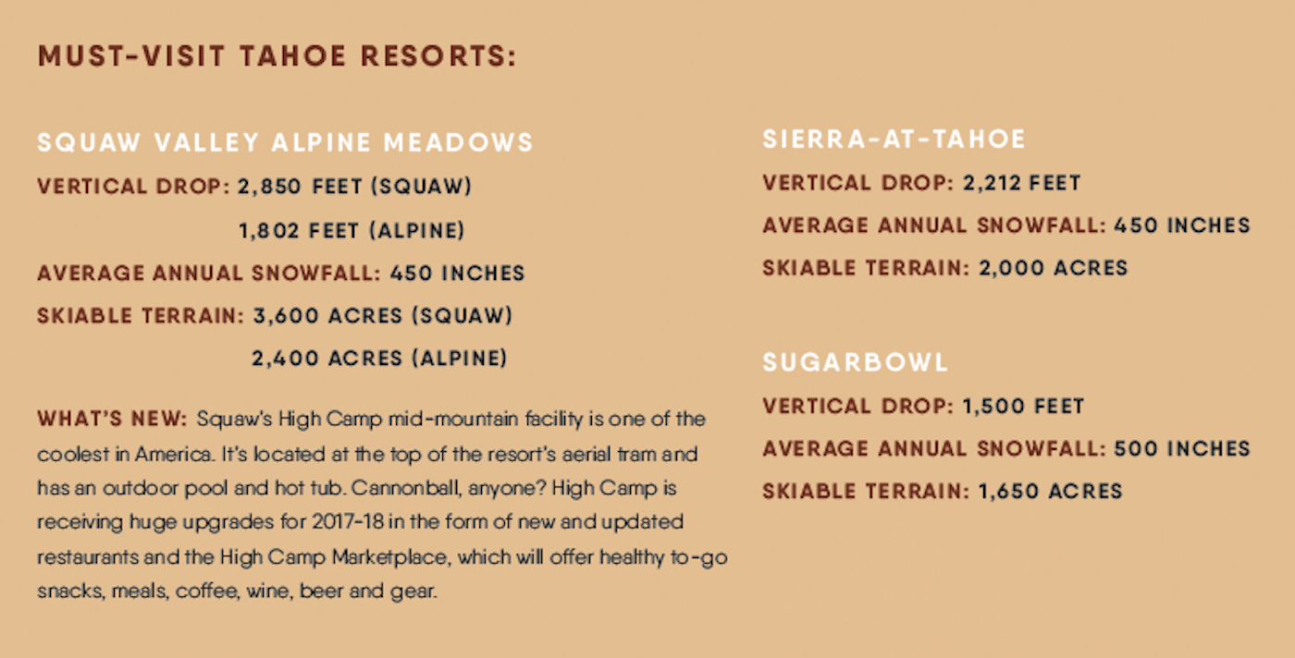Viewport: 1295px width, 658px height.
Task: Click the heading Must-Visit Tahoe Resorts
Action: point(277,55)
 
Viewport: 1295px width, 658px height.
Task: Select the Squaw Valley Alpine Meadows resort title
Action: point(285,143)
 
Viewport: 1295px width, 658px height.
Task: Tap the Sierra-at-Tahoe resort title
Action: point(894,140)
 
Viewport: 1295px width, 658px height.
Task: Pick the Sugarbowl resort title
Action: point(856,362)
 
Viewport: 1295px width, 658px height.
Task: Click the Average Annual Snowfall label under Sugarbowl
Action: point(933,449)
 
